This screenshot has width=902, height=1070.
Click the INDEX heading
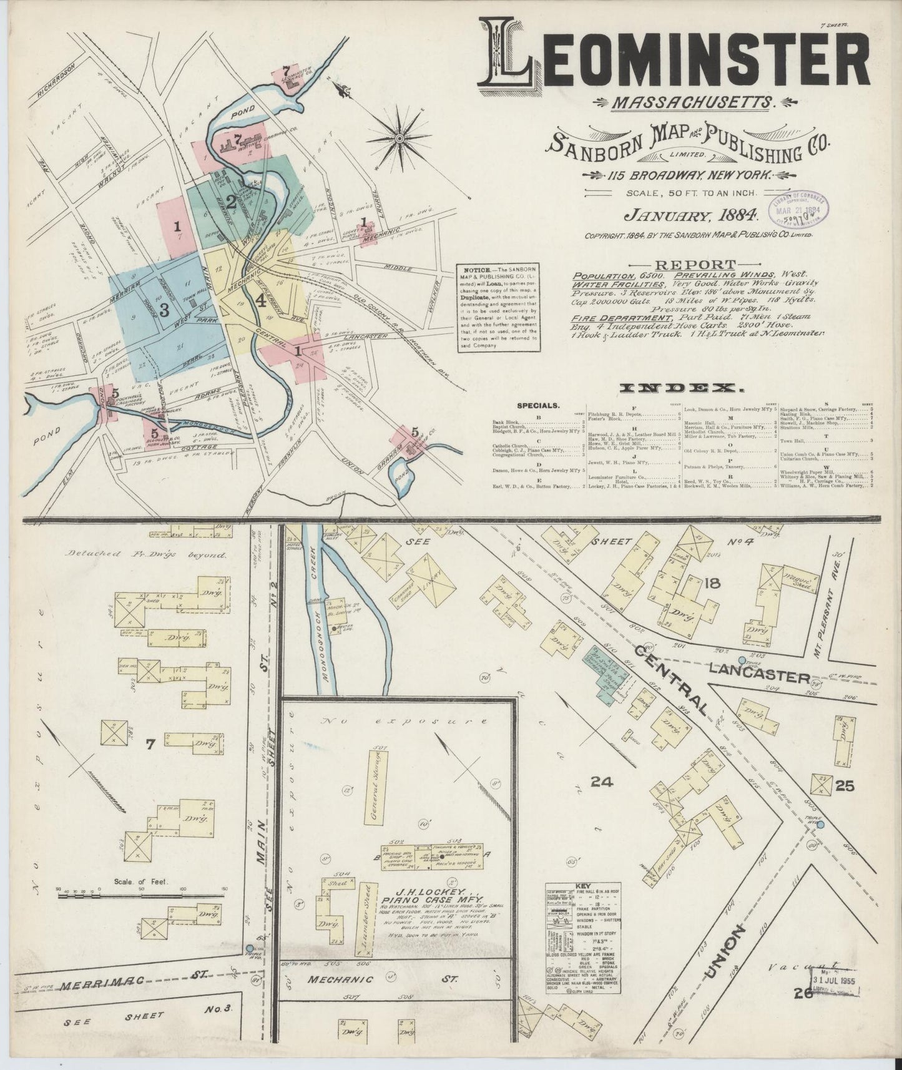pyautogui.click(x=680, y=388)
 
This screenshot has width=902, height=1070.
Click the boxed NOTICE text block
pyautogui.click(x=499, y=308)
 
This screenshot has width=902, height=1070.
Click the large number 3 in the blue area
pyautogui.click(x=164, y=310)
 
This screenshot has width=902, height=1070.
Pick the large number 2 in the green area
pyautogui.click(x=231, y=202)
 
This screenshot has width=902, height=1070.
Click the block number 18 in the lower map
pyautogui.click(x=712, y=584)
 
